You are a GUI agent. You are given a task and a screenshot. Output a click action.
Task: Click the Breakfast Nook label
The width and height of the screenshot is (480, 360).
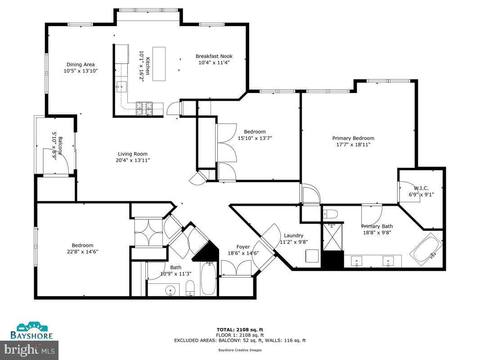214,56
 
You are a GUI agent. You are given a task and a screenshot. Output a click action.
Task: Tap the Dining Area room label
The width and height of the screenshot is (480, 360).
81,65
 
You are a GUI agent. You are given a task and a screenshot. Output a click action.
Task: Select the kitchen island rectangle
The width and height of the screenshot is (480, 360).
159,63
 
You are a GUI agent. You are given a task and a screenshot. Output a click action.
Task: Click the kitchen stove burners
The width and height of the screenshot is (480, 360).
144,108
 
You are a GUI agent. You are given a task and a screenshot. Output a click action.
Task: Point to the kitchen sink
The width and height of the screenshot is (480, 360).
121,87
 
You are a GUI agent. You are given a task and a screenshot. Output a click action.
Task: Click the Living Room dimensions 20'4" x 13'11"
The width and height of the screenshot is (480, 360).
133,160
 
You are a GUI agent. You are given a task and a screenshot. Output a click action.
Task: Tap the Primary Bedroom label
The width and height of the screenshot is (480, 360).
353,138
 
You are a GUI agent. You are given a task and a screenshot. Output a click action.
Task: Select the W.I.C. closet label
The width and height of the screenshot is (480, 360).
421,188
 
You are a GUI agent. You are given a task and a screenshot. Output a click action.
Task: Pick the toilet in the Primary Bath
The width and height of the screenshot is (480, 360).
331,214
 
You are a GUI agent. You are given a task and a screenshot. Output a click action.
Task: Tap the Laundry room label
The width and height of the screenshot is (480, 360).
294,235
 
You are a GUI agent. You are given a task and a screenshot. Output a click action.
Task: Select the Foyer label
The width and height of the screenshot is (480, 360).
243,247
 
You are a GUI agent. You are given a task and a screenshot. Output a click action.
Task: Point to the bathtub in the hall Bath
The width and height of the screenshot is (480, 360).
208,279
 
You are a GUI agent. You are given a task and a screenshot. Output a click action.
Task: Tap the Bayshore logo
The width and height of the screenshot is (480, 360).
31,331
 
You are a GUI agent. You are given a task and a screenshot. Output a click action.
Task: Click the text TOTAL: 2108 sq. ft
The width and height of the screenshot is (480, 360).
240,330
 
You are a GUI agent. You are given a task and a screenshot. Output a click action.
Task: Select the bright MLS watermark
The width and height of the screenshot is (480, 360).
29,350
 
